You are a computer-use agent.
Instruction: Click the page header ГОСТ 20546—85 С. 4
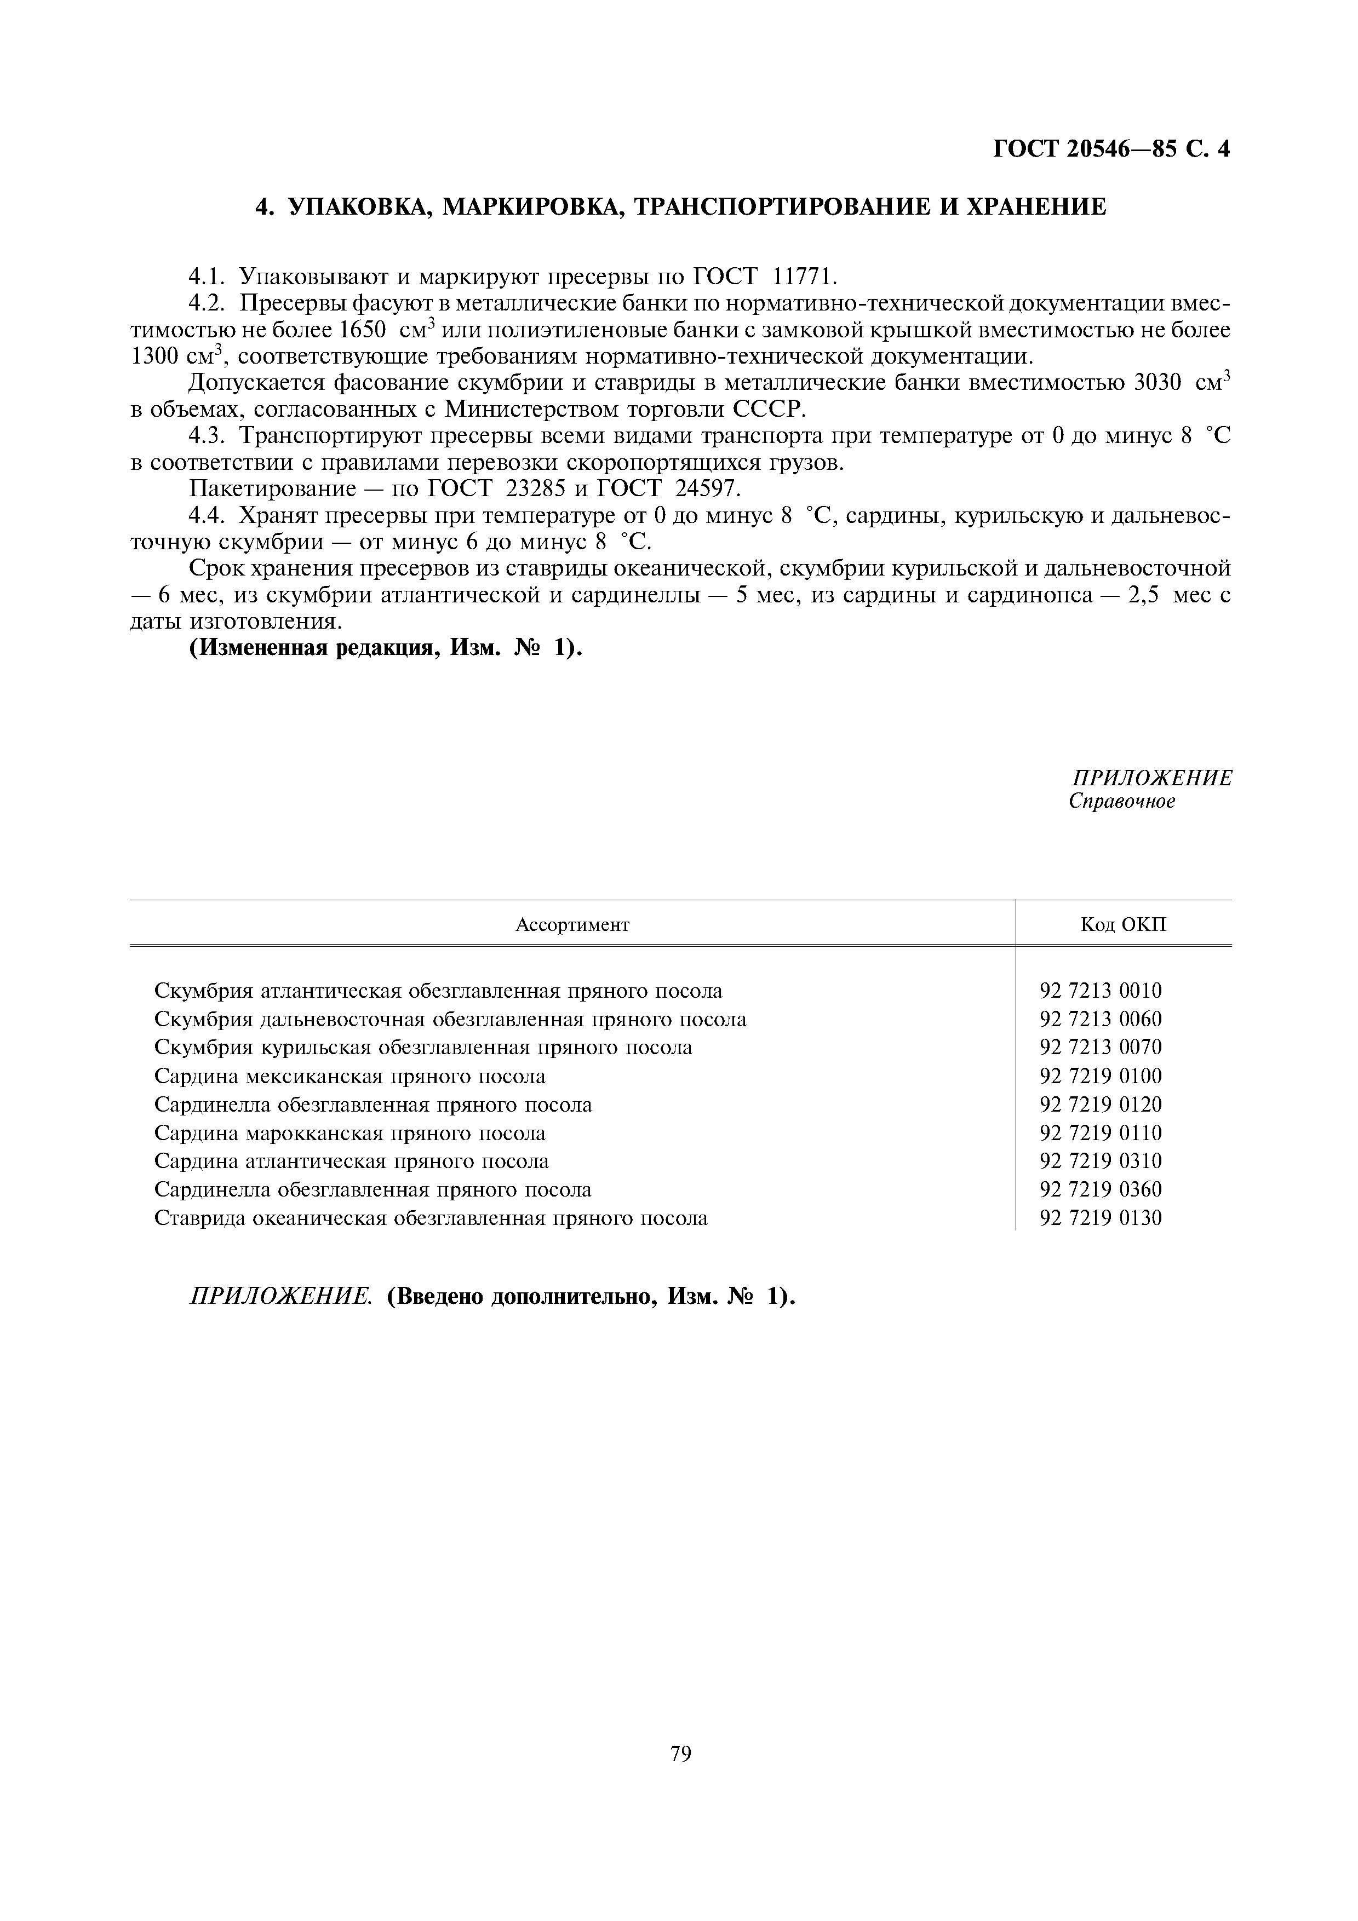[x=1111, y=149]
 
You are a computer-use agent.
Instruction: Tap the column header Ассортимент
[x=572, y=924]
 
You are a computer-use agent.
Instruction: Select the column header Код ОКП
[x=1123, y=924]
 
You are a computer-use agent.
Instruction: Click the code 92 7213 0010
[x=1101, y=991]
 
